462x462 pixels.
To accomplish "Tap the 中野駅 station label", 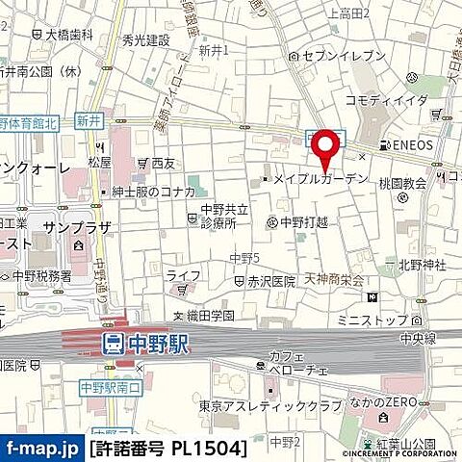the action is (155, 342).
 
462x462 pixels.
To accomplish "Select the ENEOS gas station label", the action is (413, 144).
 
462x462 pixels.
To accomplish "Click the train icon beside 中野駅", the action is (112, 342).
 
